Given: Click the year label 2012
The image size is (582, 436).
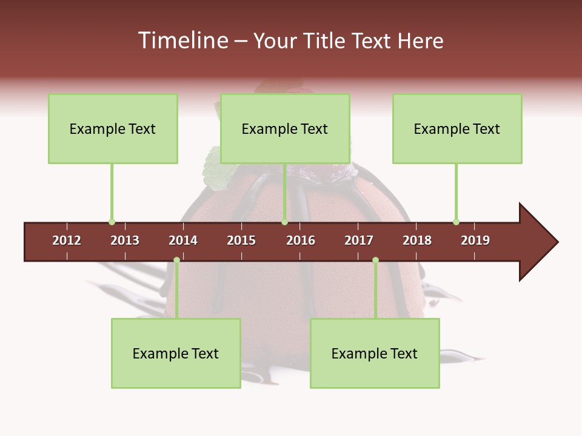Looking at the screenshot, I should [x=67, y=240].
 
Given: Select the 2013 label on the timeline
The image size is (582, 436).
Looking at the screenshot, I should [x=125, y=240].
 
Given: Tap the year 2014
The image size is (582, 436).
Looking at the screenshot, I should [x=183, y=240].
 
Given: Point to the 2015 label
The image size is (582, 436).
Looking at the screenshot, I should [x=241, y=240].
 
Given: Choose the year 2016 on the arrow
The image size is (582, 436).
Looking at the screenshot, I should [x=301, y=240].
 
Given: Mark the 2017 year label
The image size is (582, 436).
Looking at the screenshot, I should [x=359, y=240].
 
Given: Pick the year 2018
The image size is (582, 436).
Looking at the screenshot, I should [x=417, y=240].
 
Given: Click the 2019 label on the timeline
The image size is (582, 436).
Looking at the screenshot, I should [x=475, y=240].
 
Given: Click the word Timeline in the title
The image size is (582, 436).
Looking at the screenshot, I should [x=182, y=41].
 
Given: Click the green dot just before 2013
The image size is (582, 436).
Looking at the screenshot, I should [x=112, y=222].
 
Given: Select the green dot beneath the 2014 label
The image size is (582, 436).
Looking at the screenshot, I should [x=176, y=260].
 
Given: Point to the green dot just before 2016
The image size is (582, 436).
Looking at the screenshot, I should [x=284, y=222].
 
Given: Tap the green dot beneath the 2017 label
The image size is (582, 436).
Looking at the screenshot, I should [x=375, y=260].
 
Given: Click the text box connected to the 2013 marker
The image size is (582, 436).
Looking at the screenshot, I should [x=113, y=129].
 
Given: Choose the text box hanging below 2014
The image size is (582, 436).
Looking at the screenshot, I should [x=176, y=354].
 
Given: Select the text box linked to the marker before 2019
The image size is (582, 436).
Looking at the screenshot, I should [x=457, y=129].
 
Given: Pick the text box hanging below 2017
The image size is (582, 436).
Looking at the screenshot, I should [x=375, y=354].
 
